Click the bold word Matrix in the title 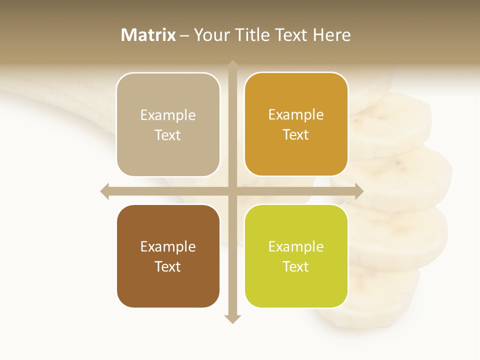point(148,35)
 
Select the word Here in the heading point(331,35)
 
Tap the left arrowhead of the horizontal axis point(104,191)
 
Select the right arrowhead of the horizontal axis point(359,191)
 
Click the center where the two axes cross point(232,191)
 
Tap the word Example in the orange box point(296,115)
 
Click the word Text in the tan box point(168,135)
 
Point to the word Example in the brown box point(168,246)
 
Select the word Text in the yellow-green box point(296,266)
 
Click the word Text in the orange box point(296,135)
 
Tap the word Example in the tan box point(168,115)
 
